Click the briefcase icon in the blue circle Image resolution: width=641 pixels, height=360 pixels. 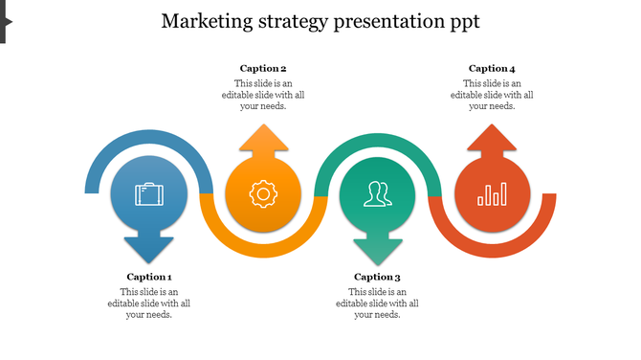(x=148, y=194)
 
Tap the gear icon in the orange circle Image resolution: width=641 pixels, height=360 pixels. (x=262, y=194)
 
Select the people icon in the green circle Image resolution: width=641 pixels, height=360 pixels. (x=376, y=194)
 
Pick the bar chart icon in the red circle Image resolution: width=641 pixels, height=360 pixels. (x=492, y=195)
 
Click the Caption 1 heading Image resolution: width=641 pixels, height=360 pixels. (x=149, y=277)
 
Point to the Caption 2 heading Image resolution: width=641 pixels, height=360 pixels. (x=263, y=68)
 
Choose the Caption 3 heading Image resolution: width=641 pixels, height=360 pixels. (x=377, y=277)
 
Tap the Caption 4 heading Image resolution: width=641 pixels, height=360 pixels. (x=492, y=68)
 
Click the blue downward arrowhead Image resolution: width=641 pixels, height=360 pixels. (x=148, y=247)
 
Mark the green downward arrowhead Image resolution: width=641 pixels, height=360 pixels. (x=377, y=247)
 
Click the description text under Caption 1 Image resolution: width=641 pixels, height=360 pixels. (x=149, y=304)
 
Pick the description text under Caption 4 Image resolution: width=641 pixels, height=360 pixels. (x=492, y=95)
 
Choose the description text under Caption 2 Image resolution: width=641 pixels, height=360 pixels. (x=263, y=95)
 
